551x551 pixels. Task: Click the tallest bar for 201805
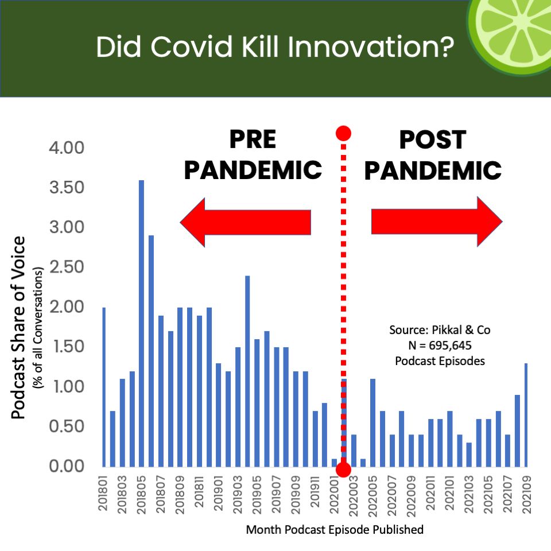141,324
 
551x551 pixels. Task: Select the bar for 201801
104,387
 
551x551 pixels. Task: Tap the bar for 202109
526,415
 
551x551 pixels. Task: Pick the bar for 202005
372,423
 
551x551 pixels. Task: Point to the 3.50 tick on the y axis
67,187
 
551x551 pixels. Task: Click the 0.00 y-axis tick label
67,466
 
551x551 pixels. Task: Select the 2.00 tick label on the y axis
67,306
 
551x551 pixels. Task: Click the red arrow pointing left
245,222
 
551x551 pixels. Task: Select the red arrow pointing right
437,222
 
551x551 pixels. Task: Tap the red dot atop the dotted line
343,133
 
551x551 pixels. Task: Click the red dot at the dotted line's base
343,469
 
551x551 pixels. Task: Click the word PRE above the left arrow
253,139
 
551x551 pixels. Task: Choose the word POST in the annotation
433,140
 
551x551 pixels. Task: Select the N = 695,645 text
440,346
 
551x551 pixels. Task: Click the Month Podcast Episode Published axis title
335,530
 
